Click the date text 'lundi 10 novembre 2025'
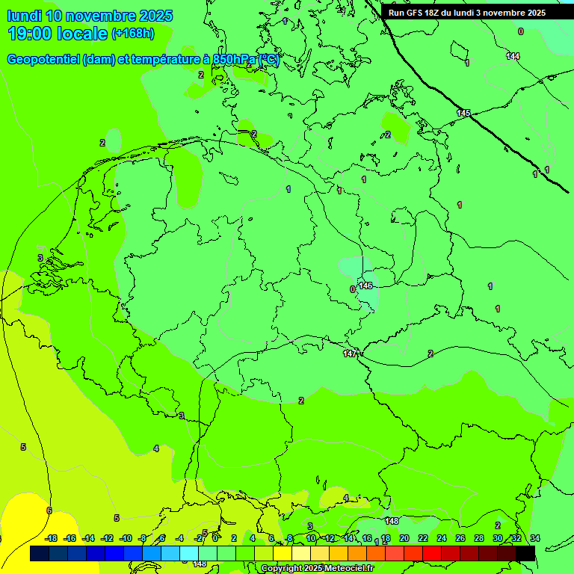[90, 16]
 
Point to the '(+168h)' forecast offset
[132, 34]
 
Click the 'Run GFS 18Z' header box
[467, 13]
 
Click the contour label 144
[513, 56]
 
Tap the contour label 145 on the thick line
[463, 113]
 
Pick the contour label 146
[365, 286]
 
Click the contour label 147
[350, 354]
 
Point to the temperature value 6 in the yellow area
[49, 510]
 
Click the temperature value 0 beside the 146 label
[352, 289]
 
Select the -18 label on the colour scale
[51, 538]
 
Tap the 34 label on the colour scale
[534, 538]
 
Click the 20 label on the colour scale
[404, 538]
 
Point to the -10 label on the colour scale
[126, 538]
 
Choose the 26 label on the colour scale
[460, 538]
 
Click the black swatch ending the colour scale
[525, 553]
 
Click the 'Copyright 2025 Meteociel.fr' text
[318, 568]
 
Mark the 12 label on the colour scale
[330, 538]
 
